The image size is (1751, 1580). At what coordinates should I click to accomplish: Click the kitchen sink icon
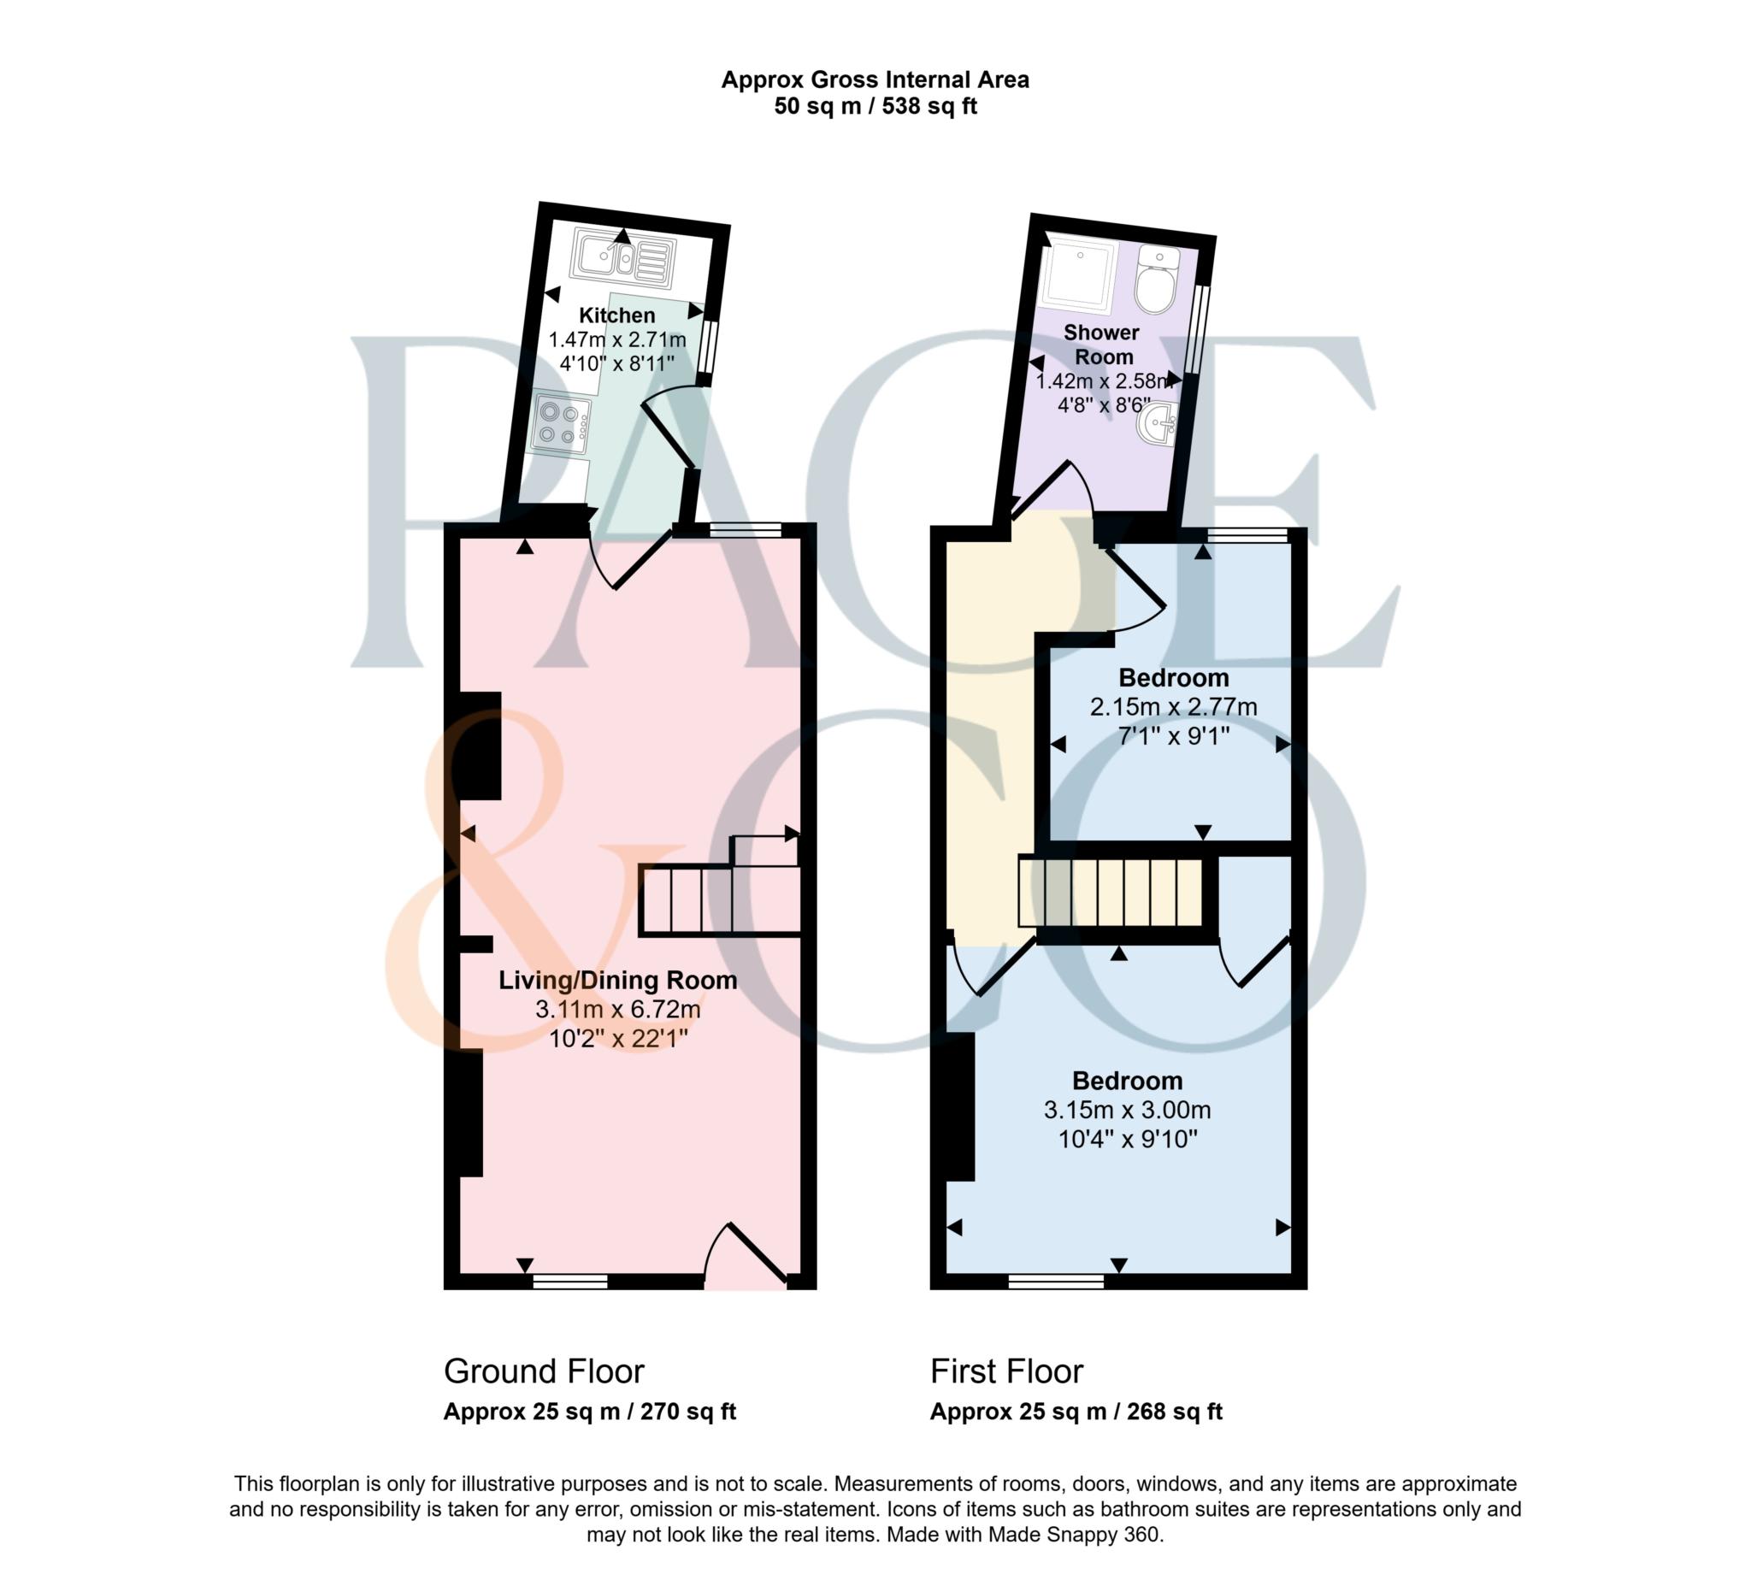click(x=622, y=258)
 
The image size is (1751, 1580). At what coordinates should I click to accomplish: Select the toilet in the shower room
click(x=1154, y=280)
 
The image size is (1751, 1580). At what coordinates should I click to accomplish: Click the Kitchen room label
click(x=616, y=315)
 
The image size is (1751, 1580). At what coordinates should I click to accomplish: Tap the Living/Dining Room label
click(x=617, y=980)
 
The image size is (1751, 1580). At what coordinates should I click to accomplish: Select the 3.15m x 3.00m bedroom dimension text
click(x=1127, y=1110)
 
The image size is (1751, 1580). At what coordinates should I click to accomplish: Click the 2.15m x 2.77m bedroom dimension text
click(x=1173, y=707)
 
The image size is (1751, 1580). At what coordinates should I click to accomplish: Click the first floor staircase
click(x=1111, y=892)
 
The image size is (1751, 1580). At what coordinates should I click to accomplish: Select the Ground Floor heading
click(x=544, y=1371)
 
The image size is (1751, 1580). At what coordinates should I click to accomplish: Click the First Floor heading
click(x=1006, y=1371)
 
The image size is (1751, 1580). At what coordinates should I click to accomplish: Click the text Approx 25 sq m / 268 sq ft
click(x=1076, y=1412)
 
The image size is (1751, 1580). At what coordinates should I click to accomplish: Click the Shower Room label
click(x=1100, y=344)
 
